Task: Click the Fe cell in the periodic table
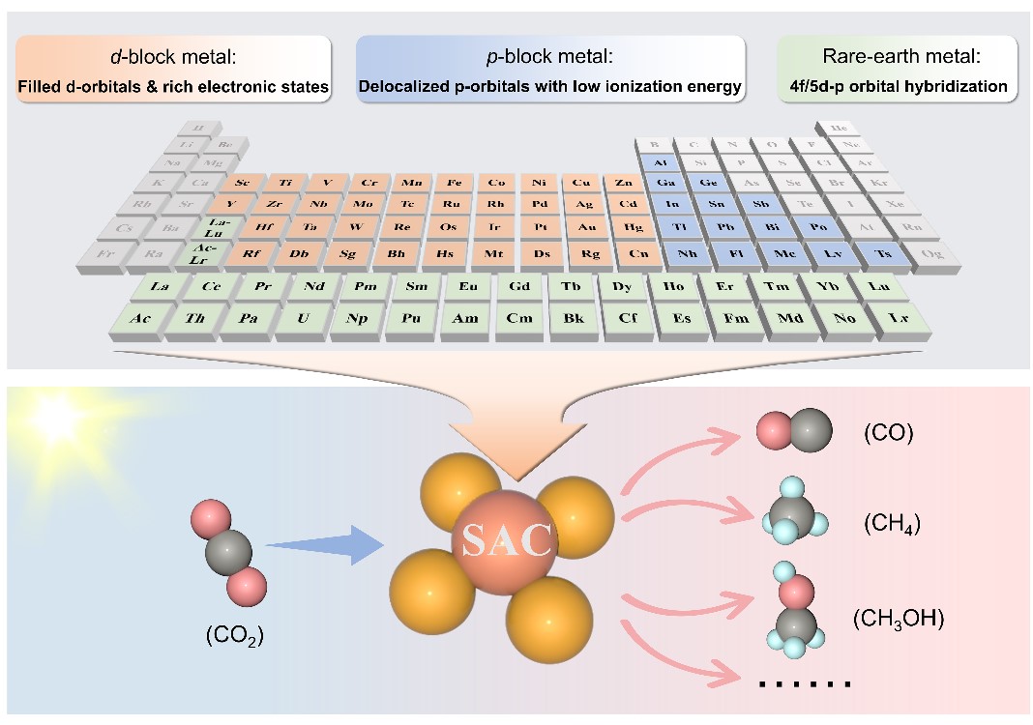click(453, 182)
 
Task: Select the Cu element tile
click(580, 182)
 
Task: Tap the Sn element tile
click(717, 205)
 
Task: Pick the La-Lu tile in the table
click(215, 228)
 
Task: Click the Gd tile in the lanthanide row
click(519, 287)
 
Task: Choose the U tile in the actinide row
click(303, 318)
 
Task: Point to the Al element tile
click(662, 162)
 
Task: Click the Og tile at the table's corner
click(933, 253)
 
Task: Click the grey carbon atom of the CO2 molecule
click(228, 551)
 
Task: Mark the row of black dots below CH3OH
click(805, 684)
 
